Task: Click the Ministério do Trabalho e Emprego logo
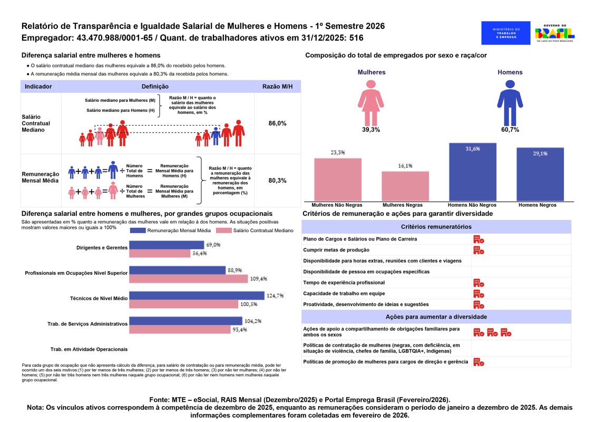point(505,33)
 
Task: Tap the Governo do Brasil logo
point(555,33)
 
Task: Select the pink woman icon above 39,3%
point(371,103)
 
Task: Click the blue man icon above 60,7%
point(510,103)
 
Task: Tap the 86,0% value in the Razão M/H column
point(277,123)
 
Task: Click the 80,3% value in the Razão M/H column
point(277,180)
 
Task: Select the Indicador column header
point(38,87)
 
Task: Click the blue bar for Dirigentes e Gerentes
point(167,245)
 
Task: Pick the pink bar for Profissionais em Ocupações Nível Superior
point(189,279)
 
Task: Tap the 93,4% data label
point(239,329)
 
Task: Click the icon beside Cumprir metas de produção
point(478,250)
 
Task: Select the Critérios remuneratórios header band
point(436,227)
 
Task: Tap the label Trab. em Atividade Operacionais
point(89,349)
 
